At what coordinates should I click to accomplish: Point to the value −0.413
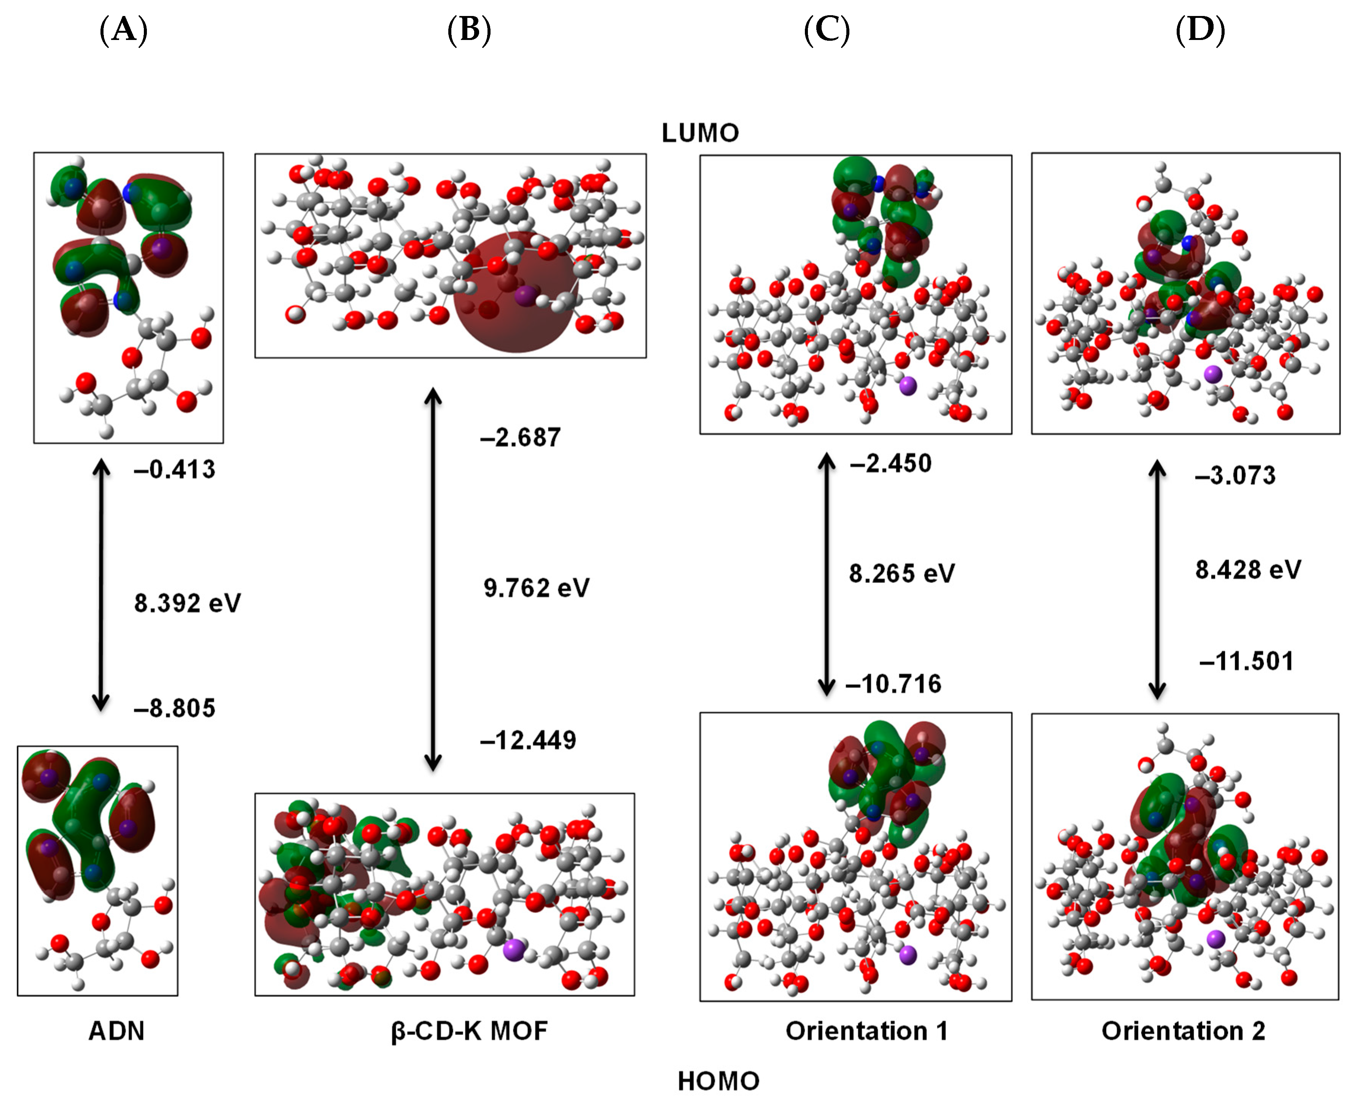click(175, 470)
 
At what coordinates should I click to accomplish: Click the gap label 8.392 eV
click(187, 603)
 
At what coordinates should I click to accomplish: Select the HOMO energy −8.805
click(175, 708)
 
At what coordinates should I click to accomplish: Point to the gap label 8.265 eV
click(902, 574)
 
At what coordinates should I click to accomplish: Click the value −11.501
click(1246, 661)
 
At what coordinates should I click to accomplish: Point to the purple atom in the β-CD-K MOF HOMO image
click(513, 950)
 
